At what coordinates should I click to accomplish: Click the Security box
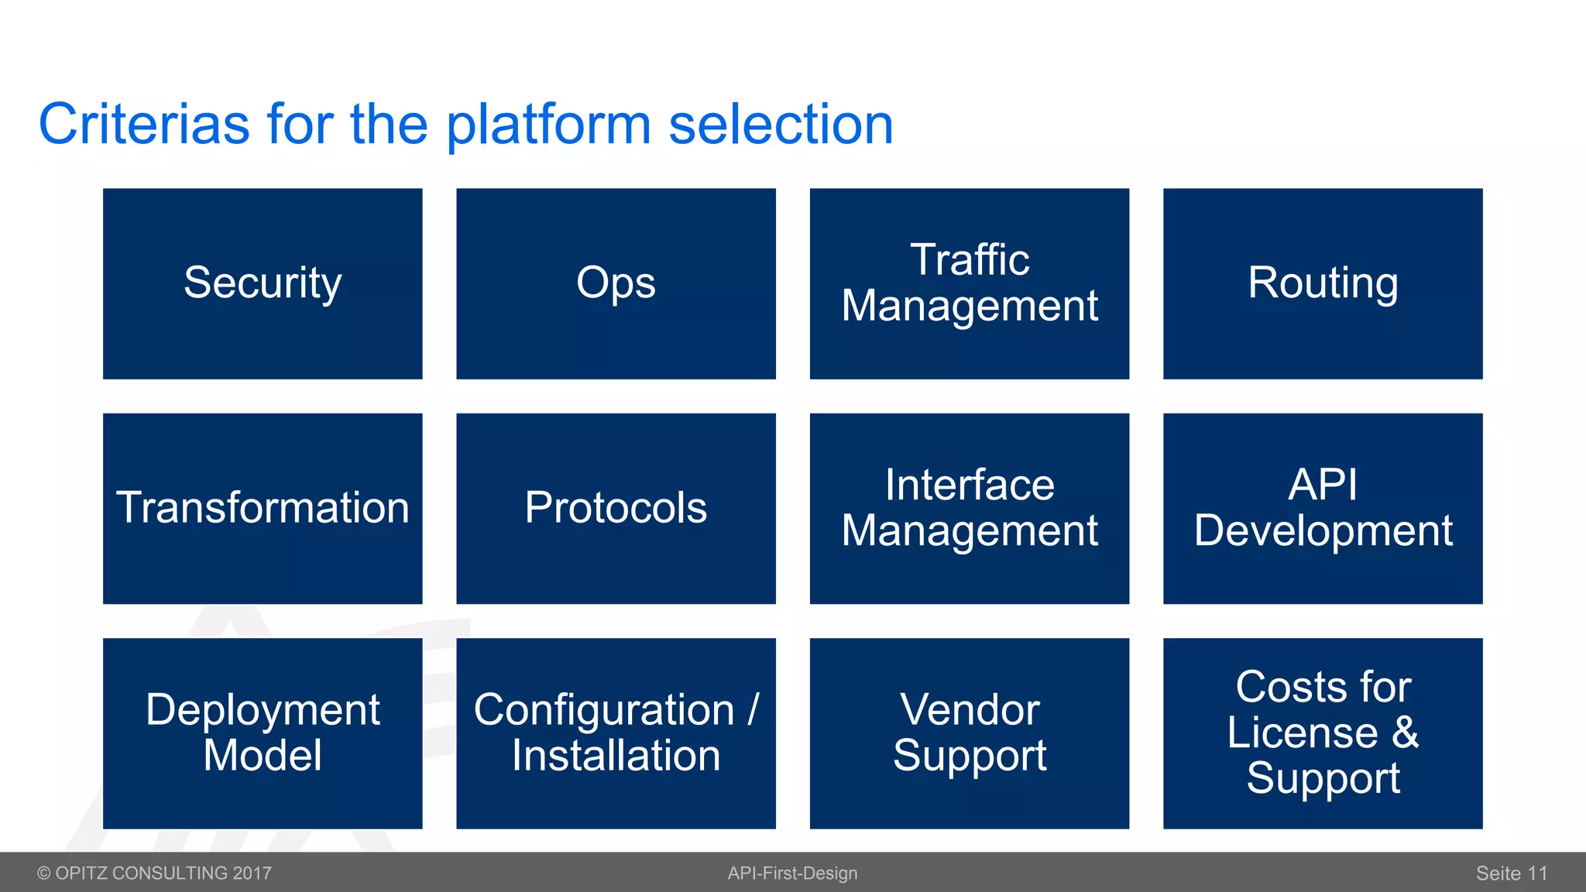[x=263, y=283]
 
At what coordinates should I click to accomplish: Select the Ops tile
[x=616, y=283]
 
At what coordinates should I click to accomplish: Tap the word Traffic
[x=970, y=259]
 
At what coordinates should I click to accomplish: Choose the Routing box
[x=1323, y=283]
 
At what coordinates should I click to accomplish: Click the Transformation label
[x=263, y=508]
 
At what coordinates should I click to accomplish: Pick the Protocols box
[x=616, y=508]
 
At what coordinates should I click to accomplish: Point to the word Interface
[x=970, y=485]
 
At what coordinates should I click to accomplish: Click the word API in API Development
[x=1323, y=485]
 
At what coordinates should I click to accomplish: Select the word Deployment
[x=263, y=710]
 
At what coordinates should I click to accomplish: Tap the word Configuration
[x=604, y=710]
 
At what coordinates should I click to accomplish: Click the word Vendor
[x=970, y=710]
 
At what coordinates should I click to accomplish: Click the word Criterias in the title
[x=144, y=124]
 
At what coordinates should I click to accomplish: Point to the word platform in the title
[x=548, y=125]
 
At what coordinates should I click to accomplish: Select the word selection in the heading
[x=781, y=124]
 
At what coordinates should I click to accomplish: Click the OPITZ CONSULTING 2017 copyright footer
[x=155, y=873]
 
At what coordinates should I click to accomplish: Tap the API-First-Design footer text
[x=792, y=873]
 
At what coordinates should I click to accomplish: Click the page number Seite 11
[x=1511, y=873]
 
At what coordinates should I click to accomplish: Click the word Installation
[x=616, y=756]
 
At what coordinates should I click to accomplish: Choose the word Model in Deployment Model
[x=263, y=756]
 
